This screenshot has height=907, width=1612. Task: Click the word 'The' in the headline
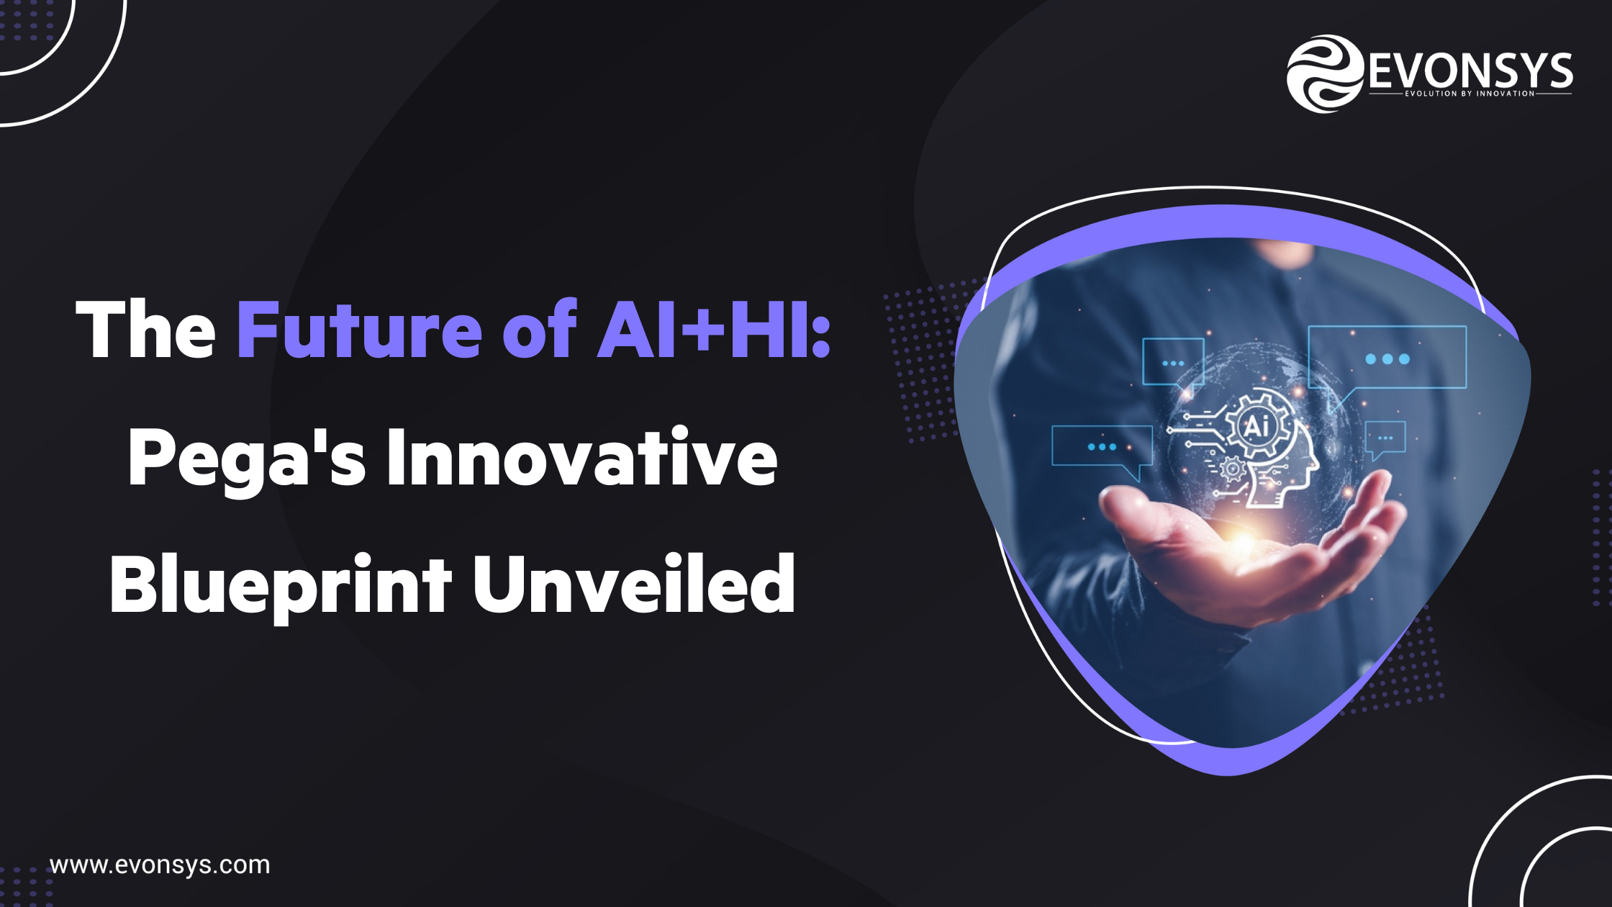145,330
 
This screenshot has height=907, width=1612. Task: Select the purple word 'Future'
359,330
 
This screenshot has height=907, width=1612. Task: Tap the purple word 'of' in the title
539,330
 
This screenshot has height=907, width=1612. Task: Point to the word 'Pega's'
246,458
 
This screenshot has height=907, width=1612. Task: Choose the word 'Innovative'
581,458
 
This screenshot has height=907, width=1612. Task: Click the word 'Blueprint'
280,585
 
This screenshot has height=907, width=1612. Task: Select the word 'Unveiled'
633,585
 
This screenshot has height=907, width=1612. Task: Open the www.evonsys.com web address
160,865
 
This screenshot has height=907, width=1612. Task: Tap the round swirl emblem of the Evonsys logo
1324,73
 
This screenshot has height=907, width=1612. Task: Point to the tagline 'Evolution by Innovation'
1470,94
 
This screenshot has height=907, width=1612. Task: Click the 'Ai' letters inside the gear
1256,425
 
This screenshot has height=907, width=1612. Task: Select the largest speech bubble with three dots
1387,358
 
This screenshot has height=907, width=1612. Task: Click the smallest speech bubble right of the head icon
1385,437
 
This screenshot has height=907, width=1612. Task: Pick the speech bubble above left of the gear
1173,362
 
